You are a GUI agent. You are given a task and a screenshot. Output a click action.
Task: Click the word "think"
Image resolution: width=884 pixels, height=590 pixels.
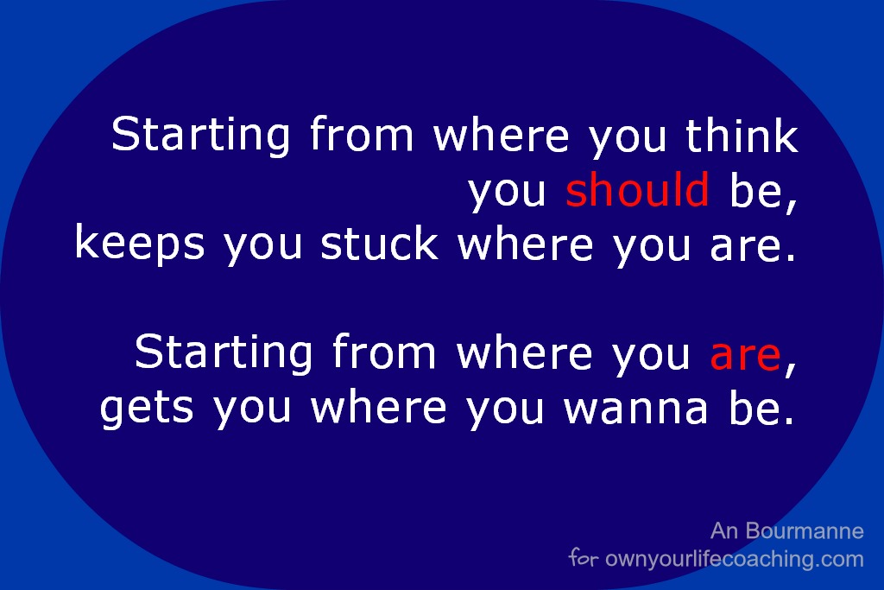pyautogui.click(x=742, y=135)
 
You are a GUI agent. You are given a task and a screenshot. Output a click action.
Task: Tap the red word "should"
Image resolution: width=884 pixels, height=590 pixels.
pyautogui.click(x=637, y=189)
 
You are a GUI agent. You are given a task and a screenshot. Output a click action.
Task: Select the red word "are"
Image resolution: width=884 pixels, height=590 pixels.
pyautogui.click(x=745, y=356)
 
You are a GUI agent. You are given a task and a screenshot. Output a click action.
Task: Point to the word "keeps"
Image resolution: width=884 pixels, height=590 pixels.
pyautogui.click(x=140, y=244)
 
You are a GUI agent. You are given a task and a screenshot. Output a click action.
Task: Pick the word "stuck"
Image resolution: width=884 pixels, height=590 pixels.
pyautogui.click(x=380, y=243)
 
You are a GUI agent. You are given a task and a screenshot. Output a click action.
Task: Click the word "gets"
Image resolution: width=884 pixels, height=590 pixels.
pyautogui.click(x=147, y=408)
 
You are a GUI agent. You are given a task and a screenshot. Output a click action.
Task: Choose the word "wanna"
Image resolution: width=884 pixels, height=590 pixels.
pyautogui.click(x=635, y=409)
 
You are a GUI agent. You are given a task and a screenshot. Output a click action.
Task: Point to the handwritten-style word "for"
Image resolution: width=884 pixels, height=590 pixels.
pyautogui.click(x=584, y=557)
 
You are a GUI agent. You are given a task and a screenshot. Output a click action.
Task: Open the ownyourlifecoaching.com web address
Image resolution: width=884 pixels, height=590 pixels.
pyautogui.click(x=735, y=559)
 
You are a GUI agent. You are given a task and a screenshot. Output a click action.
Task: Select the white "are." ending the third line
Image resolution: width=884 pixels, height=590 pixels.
pyautogui.click(x=753, y=247)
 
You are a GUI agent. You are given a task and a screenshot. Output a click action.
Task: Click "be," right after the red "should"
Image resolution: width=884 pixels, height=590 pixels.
pyautogui.click(x=764, y=192)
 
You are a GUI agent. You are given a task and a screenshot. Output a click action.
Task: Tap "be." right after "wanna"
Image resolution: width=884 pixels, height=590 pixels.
pyautogui.click(x=761, y=407)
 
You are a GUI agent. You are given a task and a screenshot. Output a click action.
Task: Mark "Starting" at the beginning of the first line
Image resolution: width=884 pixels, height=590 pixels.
pyautogui.click(x=200, y=136)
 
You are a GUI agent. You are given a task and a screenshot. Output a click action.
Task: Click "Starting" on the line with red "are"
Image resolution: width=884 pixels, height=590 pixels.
pyautogui.click(x=224, y=353)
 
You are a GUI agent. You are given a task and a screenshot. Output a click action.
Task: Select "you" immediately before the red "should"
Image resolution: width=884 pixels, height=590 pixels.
pyautogui.click(x=508, y=193)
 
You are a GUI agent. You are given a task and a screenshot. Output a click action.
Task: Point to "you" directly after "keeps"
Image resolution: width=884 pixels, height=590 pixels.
pyautogui.click(x=262, y=248)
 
